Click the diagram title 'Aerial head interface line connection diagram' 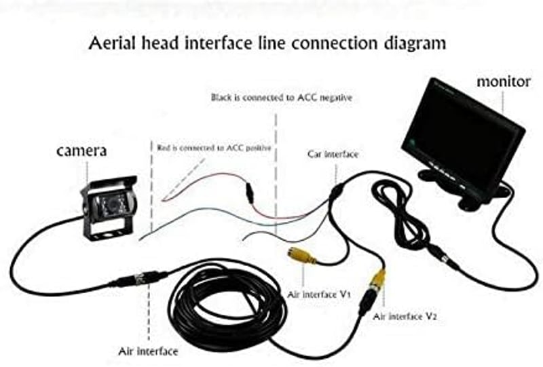click(x=267, y=43)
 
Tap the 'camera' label click(x=81, y=151)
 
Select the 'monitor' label click(x=504, y=81)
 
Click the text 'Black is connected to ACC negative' click(x=281, y=98)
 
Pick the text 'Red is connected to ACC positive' click(x=214, y=148)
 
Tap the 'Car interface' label click(x=333, y=154)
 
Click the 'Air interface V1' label click(x=319, y=294)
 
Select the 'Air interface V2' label click(x=405, y=316)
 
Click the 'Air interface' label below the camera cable click(x=148, y=351)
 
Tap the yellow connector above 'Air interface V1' click(x=301, y=256)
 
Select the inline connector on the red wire click(x=250, y=194)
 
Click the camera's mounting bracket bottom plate click(x=104, y=234)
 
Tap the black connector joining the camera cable click(x=141, y=278)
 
